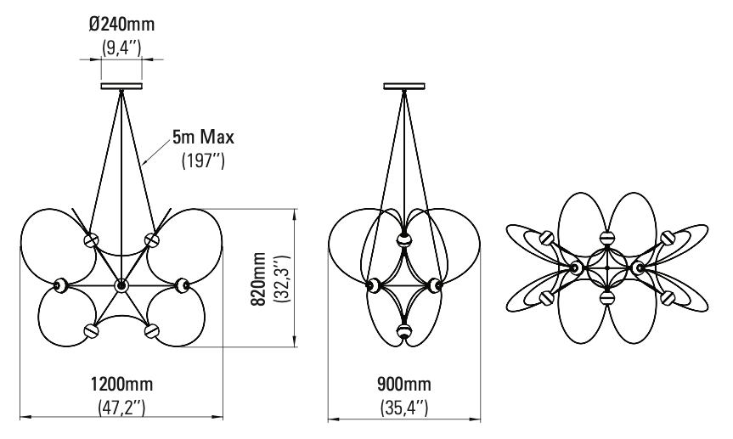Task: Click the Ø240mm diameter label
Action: tap(121, 24)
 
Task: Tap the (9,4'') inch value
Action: tap(121, 48)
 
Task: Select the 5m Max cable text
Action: tap(203, 137)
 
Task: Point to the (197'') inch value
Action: tap(203, 160)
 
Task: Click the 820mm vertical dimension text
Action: tap(258, 279)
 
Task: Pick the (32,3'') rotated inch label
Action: tap(283, 279)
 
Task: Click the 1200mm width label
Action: tap(121, 384)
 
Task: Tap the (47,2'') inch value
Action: tap(121, 408)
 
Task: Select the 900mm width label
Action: tap(404, 384)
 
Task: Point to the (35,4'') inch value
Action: tap(404, 408)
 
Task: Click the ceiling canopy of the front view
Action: tap(121, 86)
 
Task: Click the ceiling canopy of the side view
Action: tap(404, 86)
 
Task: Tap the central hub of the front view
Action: tap(121, 285)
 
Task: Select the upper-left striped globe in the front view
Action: tap(91, 239)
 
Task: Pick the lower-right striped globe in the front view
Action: tap(151, 330)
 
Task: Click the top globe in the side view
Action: tap(404, 239)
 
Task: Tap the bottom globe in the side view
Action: tap(404, 331)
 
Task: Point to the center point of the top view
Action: tap(606, 267)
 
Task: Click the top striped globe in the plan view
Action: tap(606, 237)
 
